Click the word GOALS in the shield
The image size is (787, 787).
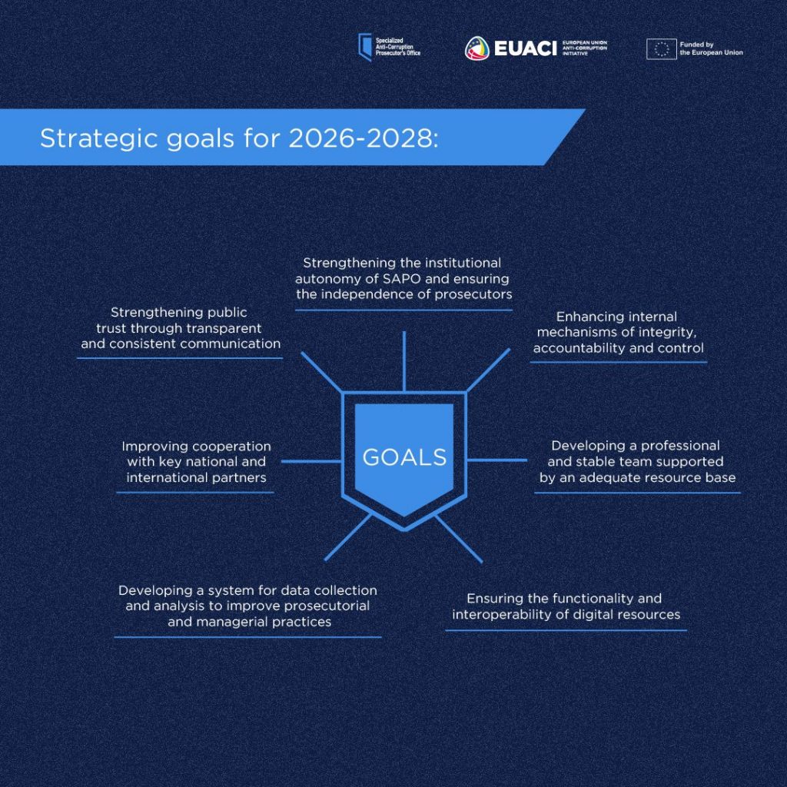404,457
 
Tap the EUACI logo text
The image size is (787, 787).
526,48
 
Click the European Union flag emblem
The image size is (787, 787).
662,49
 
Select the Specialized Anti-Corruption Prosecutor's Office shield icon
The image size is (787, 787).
365,47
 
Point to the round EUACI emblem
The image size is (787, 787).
477,48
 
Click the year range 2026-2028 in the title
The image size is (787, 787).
364,138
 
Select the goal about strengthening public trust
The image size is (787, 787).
180,328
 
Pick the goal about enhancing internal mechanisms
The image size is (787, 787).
619,332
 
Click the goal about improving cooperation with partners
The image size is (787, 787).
196,462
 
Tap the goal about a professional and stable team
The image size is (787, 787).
637,461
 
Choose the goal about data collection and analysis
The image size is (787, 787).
248,606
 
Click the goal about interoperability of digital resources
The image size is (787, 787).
566,606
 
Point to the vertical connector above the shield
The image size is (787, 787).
404,361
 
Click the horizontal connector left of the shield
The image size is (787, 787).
312,461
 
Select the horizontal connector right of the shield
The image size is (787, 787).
497,460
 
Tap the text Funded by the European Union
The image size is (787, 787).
711,48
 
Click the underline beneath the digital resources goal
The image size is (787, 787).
566,630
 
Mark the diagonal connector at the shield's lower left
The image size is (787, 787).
348,537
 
